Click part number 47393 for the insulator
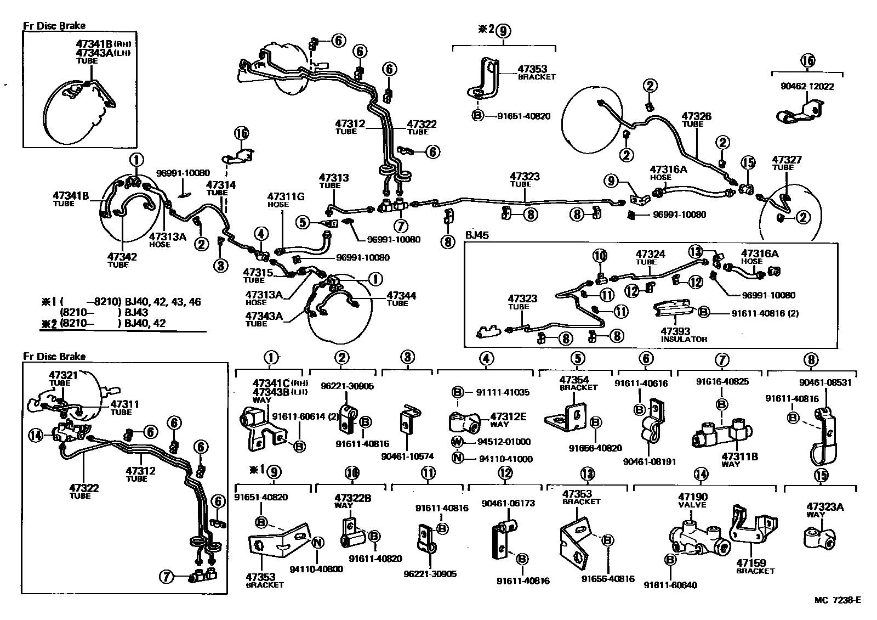point(675,331)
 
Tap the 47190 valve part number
point(692,497)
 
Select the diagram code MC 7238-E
point(837,599)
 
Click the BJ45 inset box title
point(477,235)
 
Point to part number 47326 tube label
point(696,116)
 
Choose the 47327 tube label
point(787,160)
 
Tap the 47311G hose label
point(286,196)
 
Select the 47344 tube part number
point(401,296)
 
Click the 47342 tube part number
point(122,256)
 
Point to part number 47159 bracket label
point(751,563)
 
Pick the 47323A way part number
point(825,508)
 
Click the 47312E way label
point(508,417)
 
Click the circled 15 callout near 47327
point(748,162)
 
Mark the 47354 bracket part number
point(574,380)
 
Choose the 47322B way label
point(353,498)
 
